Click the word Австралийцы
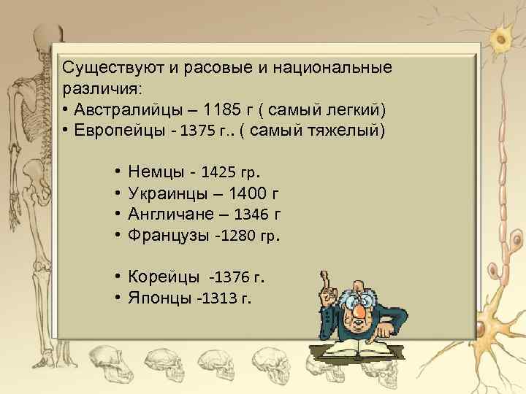pyautogui.click(x=123, y=110)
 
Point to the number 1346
pyautogui.click(x=251, y=215)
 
